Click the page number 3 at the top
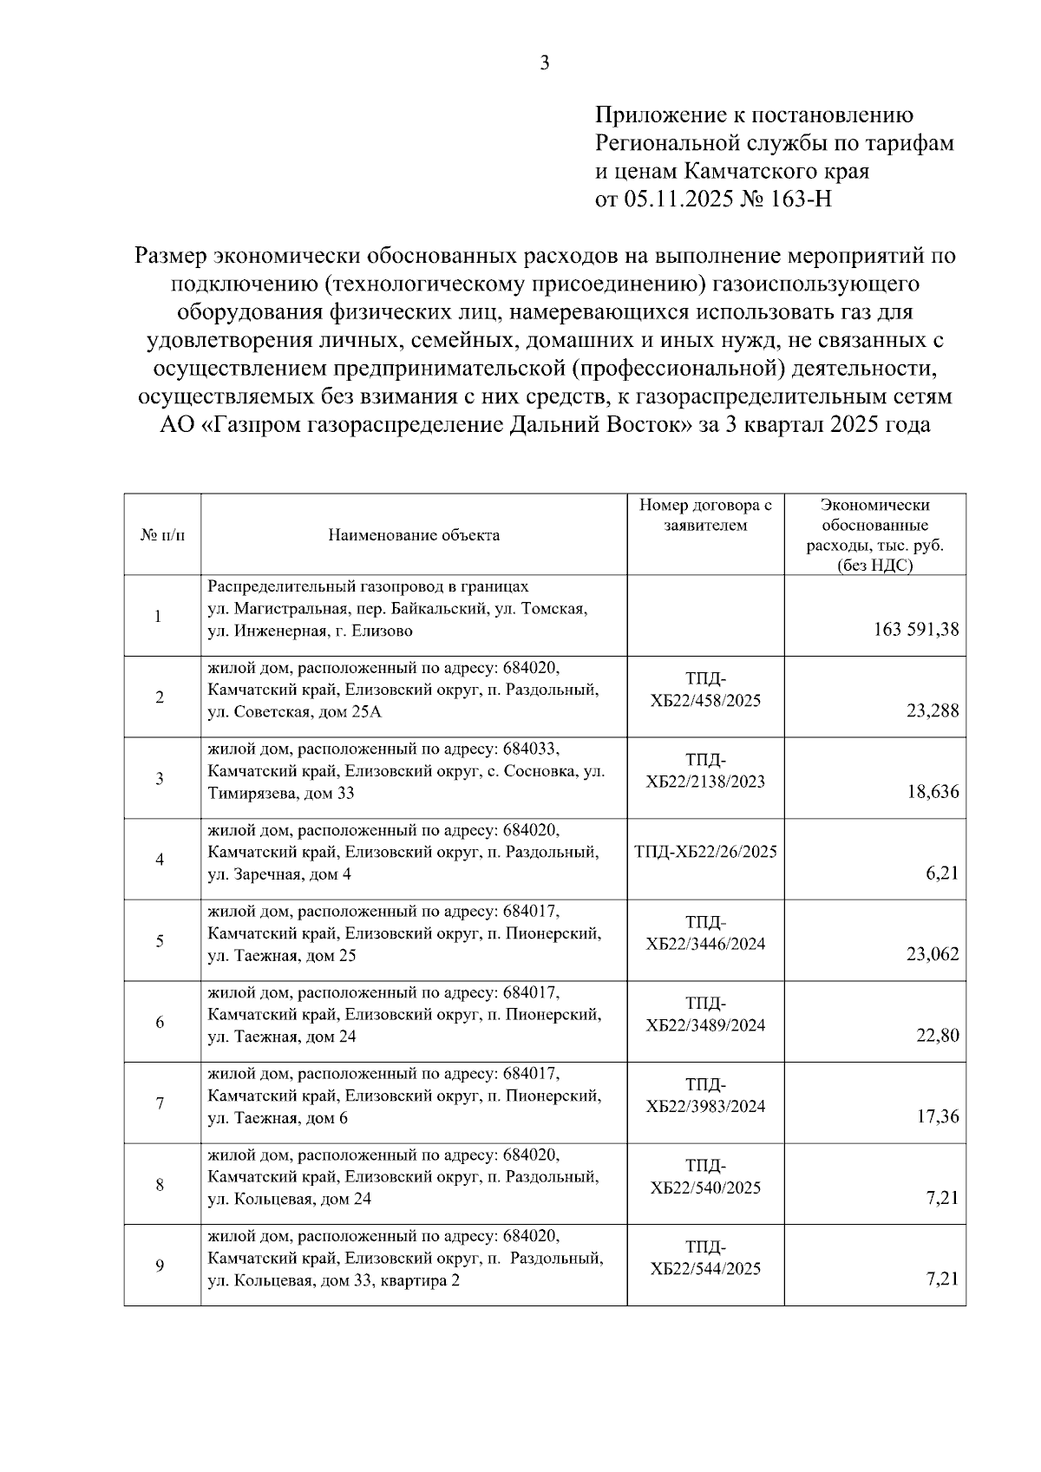click(545, 62)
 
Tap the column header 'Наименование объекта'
click(414, 535)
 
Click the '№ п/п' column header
click(161, 535)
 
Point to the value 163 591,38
click(916, 630)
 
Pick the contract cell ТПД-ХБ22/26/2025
click(705, 852)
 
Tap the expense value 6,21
click(943, 873)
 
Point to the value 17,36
click(939, 1116)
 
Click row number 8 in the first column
click(160, 1184)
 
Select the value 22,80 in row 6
click(939, 1035)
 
